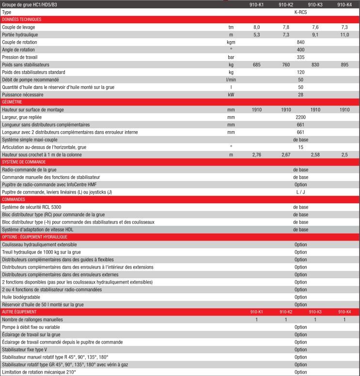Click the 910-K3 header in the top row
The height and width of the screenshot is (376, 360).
coord(315,4)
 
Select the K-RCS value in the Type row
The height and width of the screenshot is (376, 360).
coord(300,12)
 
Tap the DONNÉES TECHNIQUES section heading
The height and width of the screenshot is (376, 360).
coord(22,19)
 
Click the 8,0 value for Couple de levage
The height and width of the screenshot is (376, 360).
coord(257,27)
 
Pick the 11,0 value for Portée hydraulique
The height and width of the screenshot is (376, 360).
coord(344,35)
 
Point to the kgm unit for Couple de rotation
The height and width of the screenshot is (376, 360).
coord(231,42)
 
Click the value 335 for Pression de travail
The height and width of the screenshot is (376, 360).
coord(300,57)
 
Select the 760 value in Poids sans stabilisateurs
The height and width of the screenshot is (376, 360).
coord(286,65)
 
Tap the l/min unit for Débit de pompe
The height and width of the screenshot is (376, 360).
coord(231,79)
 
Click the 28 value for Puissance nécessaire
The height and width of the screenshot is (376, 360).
coord(300,94)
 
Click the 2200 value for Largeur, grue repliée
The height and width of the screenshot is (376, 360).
coord(300,117)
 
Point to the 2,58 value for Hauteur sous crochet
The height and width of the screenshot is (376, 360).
coord(315,154)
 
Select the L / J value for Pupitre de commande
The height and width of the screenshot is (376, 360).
coord(300,192)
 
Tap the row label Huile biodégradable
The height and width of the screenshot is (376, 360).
coord(21,297)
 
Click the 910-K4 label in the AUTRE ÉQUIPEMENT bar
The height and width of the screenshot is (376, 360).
coord(344,312)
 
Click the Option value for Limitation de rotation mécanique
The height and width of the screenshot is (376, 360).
coord(300,372)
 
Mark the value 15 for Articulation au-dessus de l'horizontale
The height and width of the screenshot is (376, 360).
coord(300,147)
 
